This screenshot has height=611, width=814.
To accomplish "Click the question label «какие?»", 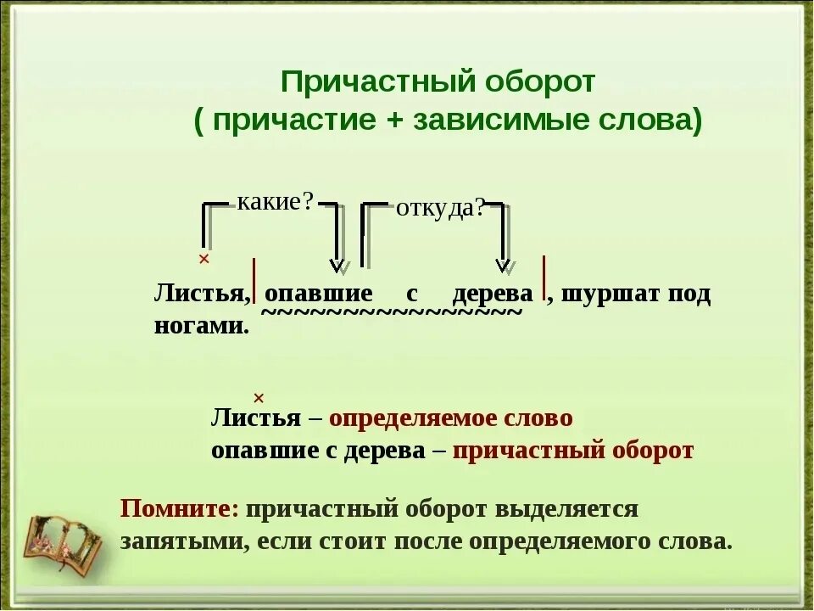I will [x=276, y=202].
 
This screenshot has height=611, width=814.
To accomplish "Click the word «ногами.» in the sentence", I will [x=202, y=326].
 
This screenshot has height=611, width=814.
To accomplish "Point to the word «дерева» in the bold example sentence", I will [x=493, y=294].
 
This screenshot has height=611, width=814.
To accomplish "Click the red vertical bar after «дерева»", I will [x=543, y=277].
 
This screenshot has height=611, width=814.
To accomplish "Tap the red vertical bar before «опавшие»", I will [x=254, y=281].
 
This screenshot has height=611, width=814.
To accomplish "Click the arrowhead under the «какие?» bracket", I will [x=337, y=266].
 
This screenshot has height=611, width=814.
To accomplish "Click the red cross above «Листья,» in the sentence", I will [x=203, y=258].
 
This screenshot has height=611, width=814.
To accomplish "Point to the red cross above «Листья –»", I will [x=259, y=398].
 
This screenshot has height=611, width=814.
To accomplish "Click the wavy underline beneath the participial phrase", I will [x=391, y=313].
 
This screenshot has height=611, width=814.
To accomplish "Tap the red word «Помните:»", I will [x=180, y=509].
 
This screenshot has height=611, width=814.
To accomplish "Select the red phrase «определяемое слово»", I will [x=450, y=418].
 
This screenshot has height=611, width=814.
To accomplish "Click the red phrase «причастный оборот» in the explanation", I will [x=573, y=451].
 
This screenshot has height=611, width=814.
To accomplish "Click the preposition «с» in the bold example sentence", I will [x=412, y=294].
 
